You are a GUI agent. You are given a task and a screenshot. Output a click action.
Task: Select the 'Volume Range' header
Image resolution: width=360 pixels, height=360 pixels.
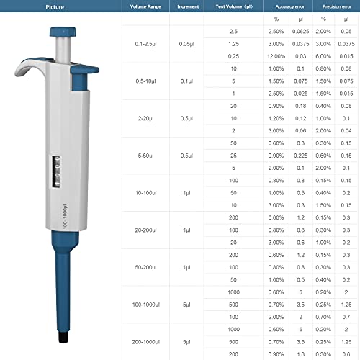click(x=145, y=6)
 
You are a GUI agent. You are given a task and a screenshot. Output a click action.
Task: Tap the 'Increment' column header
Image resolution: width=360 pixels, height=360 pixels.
click(x=187, y=6)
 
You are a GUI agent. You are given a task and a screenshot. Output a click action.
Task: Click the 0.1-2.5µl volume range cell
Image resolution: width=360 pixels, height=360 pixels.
click(x=145, y=43)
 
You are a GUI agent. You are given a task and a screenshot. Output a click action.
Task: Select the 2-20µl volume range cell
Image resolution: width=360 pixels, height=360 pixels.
click(x=145, y=118)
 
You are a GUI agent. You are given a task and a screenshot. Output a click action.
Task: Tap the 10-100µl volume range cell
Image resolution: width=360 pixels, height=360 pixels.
click(x=145, y=193)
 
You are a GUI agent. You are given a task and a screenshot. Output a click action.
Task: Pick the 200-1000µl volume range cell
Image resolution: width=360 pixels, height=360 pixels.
click(x=145, y=342)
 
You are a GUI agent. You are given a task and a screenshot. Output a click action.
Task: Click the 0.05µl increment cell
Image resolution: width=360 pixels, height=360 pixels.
click(x=187, y=43)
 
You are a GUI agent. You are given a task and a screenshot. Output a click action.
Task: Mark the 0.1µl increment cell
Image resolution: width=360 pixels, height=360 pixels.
click(x=187, y=81)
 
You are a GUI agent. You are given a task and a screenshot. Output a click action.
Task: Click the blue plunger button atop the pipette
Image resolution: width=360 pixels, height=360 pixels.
click(x=64, y=33)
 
